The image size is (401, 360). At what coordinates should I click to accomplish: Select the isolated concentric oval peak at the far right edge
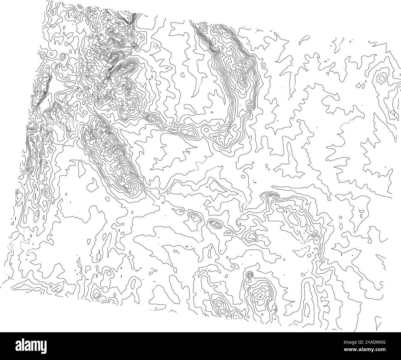(382, 78)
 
